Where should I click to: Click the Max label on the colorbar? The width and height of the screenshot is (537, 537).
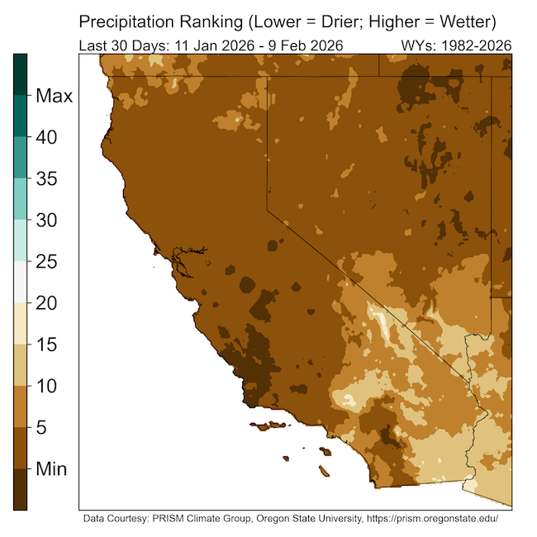click(x=55, y=96)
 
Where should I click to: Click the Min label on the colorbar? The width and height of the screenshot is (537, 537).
click(x=51, y=468)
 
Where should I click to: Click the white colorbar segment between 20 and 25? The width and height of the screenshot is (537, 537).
click(x=20, y=283)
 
